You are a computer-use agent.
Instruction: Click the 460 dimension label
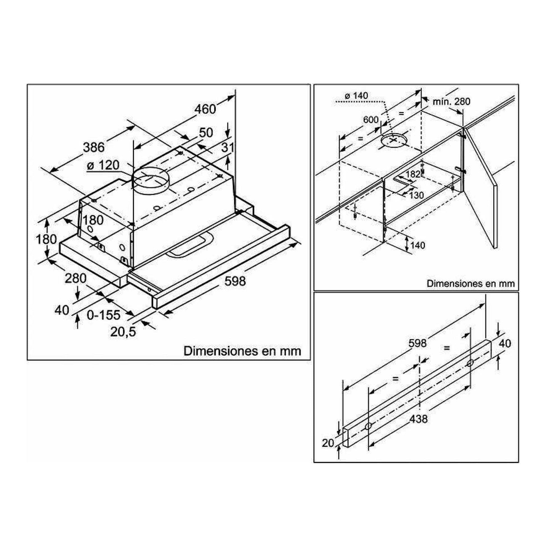[x=205, y=109]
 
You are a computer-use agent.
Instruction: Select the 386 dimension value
[x=94, y=147]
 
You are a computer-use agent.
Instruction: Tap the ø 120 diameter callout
[x=103, y=165]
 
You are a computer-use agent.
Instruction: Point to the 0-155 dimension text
[x=104, y=315]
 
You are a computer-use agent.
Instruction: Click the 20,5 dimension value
[x=123, y=332]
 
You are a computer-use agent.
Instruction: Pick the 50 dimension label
[x=206, y=132]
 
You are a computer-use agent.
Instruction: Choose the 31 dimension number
[x=228, y=147]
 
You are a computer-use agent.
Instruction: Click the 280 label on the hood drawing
[x=76, y=278]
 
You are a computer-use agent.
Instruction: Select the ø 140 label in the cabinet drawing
[x=356, y=96]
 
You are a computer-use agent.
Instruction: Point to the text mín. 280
[x=452, y=102]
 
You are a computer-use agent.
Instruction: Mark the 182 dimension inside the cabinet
[x=413, y=174]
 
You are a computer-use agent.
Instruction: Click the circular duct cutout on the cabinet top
[x=394, y=141]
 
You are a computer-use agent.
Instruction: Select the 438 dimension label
[x=419, y=419]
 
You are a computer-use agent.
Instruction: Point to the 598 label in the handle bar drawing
[x=417, y=343]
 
